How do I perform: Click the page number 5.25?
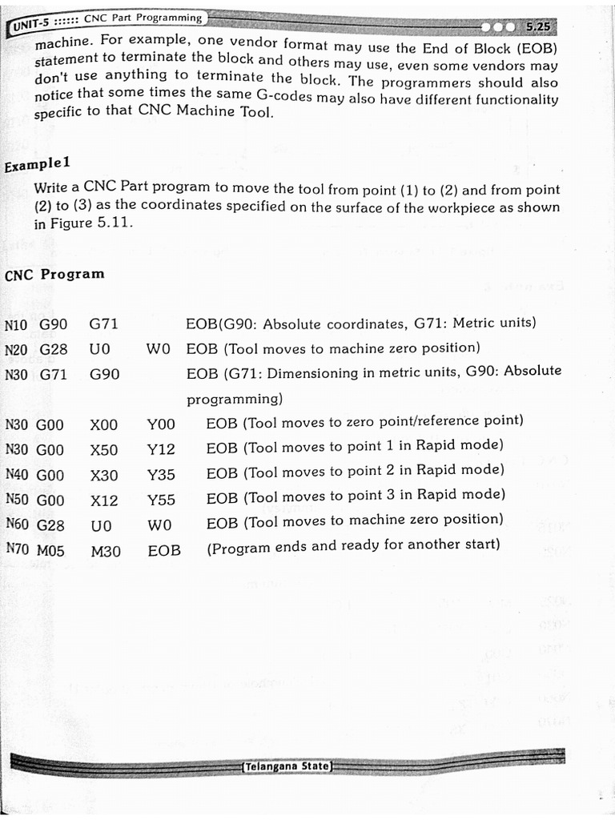pyautogui.click(x=539, y=26)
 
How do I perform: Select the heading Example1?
pyautogui.click(x=38, y=165)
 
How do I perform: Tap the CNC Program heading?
pyautogui.click(x=54, y=275)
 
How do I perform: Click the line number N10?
pyautogui.click(x=15, y=326)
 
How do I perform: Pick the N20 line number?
pyautogui.click(x=15, y=350)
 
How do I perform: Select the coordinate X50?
pyautogui.click(x=104, y=449)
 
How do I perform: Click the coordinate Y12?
pyautogui.click(x=161, y=449)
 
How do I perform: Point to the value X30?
pyautogui.click(x=104, y=475)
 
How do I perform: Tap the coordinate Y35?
pyautogui.click(x=161, y=475)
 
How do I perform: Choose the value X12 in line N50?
pyautogui.click(x=104, y=500)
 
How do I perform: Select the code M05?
pyautogui.click(x=50, y=550)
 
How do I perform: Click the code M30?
pyautogui.click(x=106, y=551)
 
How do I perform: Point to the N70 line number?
pyautogui.click(x=17, y=549)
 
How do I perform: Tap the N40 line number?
pyautogui.click(x=17, y=474)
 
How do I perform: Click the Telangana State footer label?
pyautogui.click(x=287, y=766)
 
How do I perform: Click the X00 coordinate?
pyautogui.click(x=104, y=424)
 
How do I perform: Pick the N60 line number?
pyautogui.click(x=17, y=525)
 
